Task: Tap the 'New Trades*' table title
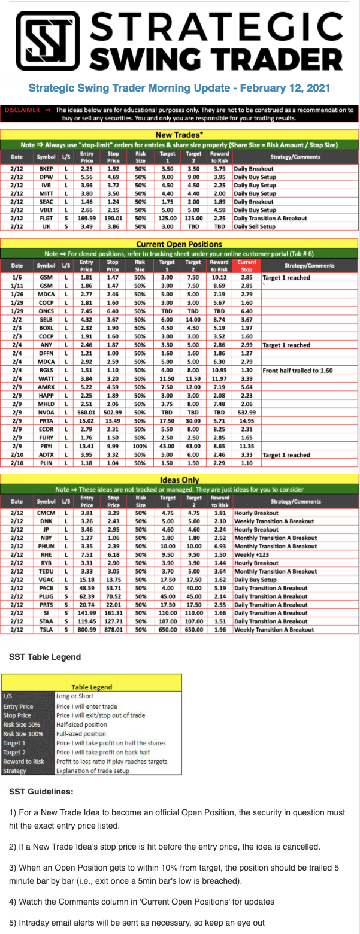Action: (x=179, y=134)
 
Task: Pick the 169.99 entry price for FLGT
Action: (x=87, y=219)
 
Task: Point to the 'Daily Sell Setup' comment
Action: (x=255, y=228)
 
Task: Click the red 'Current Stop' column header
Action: (x=246, y=265)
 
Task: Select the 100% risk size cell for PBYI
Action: (x=140, y=446)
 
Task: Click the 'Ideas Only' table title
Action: (x=179, y=480)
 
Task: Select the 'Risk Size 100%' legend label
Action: (x=22, y=733)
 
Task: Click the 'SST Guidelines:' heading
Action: (x=41, y=792)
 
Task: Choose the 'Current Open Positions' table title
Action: (x=179, y=244)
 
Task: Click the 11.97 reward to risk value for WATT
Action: (x=219, y=379)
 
